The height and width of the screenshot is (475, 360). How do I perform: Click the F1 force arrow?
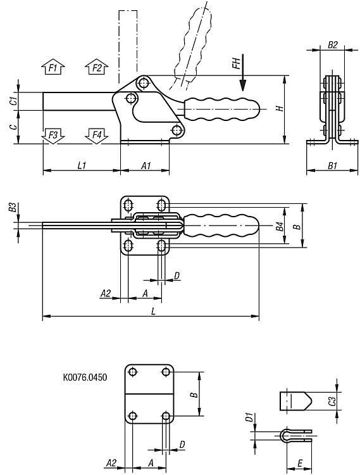tap(53, 66)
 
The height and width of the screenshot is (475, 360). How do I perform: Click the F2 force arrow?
tap(97, 66)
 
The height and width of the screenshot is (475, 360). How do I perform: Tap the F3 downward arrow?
tap(53, 136)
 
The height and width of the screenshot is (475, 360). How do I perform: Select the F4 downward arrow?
tap(97, 136)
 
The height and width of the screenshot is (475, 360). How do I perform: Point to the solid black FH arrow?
tap(242, 73)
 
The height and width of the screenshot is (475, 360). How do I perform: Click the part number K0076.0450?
tap(85, 377)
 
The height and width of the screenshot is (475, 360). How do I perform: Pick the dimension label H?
tap(280, 108)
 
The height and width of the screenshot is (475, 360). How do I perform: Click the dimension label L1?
tap(82, 165)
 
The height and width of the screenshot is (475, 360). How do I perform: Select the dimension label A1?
tap(146, 165)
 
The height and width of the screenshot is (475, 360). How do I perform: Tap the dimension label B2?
tap(332, 45)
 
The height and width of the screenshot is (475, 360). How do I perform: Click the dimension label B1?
tap(332, 165)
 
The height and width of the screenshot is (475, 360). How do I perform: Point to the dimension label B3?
tap(12, 207)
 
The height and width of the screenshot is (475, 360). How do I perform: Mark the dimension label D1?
tap(249, 417)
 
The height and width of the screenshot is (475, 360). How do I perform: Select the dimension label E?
tap(300, 464)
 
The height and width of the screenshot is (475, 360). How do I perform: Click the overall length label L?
tap(153, 311)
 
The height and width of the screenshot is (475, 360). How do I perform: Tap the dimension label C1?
tap(13, 101)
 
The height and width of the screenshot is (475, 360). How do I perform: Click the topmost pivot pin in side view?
tap(144, 82)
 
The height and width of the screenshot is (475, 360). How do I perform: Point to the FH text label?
tap(236, 63)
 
